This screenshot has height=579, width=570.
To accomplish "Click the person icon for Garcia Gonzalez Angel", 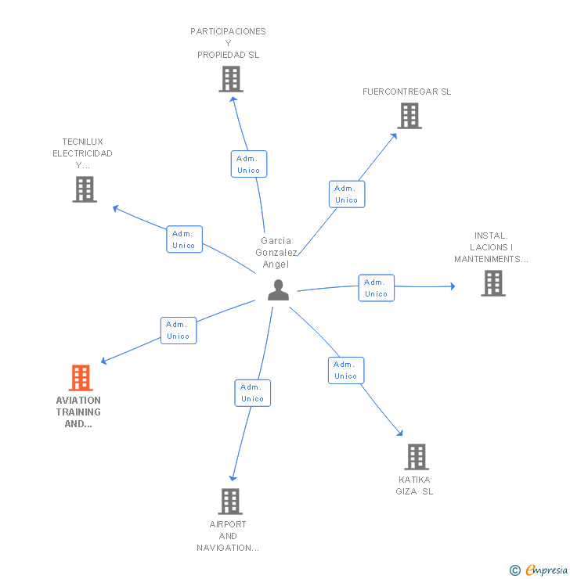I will click(x=278, y=290).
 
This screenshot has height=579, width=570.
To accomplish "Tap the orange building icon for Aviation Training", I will click(x=81, y=378).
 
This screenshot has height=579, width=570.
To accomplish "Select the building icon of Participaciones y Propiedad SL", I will click(x=231, y=79).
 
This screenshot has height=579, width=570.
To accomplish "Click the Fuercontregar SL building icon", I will click(x=409, y=116).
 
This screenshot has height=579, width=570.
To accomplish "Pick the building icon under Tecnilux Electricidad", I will click(x=85, y=189).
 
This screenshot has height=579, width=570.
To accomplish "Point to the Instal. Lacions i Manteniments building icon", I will click(x=492, y=283).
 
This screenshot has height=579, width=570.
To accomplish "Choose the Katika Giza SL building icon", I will click(x=417, y=457).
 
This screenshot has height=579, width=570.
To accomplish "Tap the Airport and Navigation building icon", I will click(x=229, y=502).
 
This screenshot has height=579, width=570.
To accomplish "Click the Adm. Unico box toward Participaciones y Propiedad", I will click(x=249, y=164).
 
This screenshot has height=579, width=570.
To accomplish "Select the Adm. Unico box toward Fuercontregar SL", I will click(x=346, y=194).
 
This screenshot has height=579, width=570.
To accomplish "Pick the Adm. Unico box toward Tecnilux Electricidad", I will click(x=184, y=239).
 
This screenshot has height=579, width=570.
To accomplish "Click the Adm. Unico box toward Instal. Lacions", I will click(x=376, y=288).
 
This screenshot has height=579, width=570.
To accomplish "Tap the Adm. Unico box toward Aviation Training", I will click(x=179, y=330).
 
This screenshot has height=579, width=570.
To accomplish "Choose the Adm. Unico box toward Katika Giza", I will click(x=346, y=370).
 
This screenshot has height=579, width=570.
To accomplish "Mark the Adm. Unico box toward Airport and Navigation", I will click(x=252, y=393).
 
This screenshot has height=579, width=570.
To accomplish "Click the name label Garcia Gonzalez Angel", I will click(x=276, y=253).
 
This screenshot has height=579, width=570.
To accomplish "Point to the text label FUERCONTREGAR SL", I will click(x=406, y=92).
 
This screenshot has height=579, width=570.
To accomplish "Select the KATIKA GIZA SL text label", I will click(x=414, y=486).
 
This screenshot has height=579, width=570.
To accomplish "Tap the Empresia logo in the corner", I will click(x=540, y=570).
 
